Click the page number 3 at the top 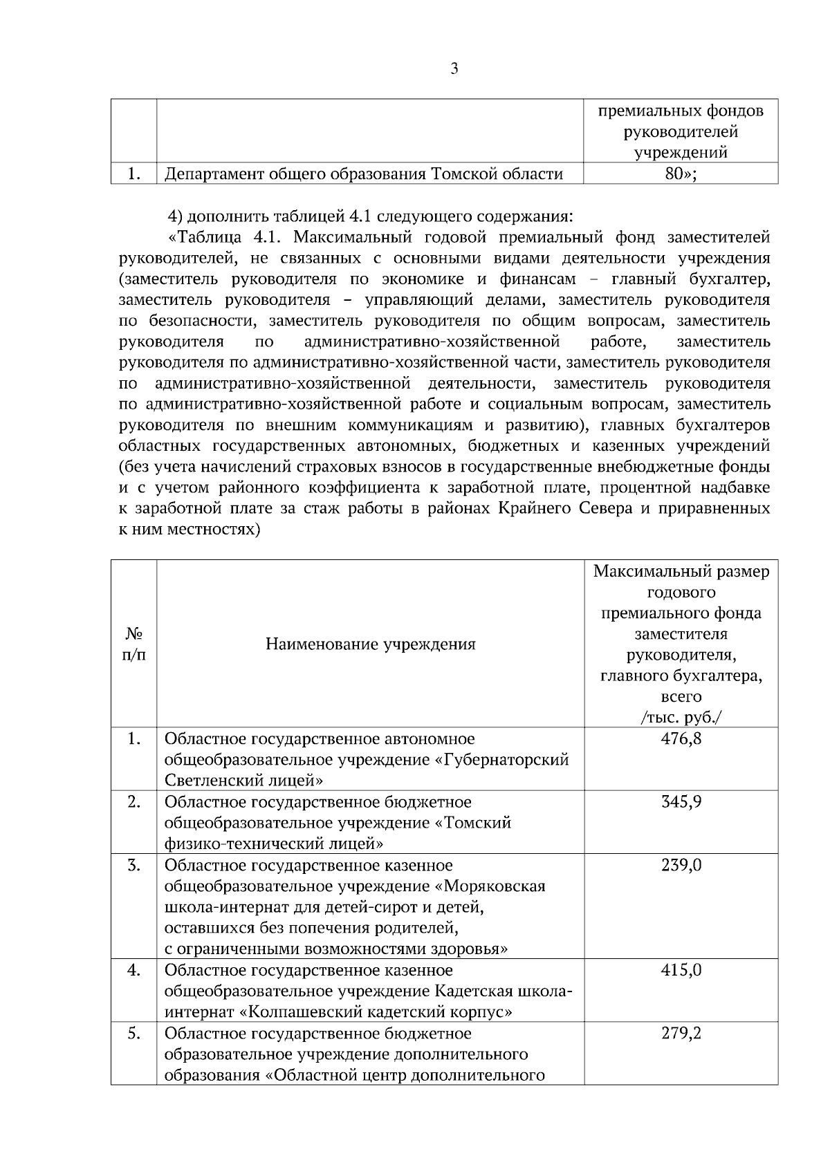(454, 68)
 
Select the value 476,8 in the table (681, 738)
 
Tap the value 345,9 (681, 802)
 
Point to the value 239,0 (681, 865)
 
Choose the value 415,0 (681, 970)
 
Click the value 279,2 (681, 1033)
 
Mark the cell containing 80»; (681, 174)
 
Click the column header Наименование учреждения (370, 644)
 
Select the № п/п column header (133, 644)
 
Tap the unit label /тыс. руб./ (681, 717)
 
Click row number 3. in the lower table (133, 865)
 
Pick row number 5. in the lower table (133, 1033)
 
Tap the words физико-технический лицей (274, 844)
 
